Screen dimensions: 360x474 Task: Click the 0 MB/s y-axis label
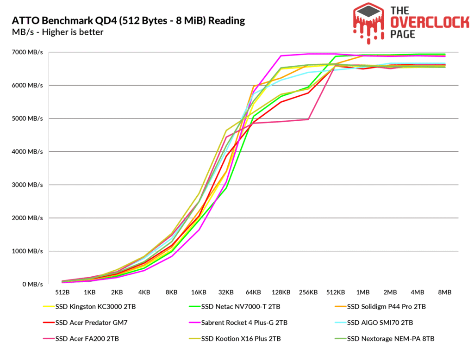[32, 284]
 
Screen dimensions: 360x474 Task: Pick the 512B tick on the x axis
[62, 293]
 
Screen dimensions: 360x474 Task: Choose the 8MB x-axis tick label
[445, 293]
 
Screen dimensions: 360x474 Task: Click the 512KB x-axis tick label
[336, 293]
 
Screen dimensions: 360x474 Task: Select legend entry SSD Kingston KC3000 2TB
[95, 306]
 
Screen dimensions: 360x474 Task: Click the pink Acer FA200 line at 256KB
[308, 119]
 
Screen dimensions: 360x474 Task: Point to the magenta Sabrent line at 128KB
[281, 56]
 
